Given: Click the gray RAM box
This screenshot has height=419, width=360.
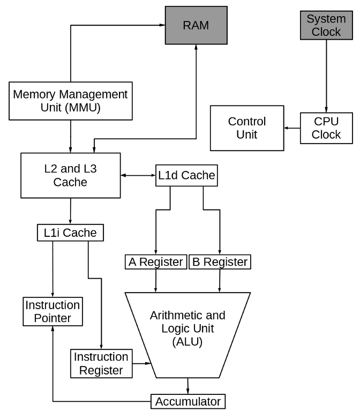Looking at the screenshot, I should click(196, 25).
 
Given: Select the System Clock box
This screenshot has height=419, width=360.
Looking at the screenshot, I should click(326, 25).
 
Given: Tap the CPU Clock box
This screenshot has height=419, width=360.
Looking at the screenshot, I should click(326, 128).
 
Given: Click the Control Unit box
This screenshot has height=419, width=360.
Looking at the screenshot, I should click(247, 128).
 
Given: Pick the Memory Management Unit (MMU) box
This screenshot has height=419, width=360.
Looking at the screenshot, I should click(71, 101).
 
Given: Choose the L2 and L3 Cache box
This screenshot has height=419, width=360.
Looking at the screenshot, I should click(70, 175).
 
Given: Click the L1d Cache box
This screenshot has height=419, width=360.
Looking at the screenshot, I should click(186, 175).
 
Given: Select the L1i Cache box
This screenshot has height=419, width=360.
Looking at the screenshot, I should click(70, 233).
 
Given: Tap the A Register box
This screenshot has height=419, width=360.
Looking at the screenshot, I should click(156, 262).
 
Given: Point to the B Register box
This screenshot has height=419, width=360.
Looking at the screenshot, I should click(220, 262).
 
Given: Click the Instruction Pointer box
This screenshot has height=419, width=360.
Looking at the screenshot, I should click(52, 312).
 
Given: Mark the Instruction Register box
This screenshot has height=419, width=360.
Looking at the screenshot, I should click(101, 363).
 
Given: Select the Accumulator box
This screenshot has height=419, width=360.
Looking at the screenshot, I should click(187, 401).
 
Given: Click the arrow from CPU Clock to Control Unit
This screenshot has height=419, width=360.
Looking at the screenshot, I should click(292, 128).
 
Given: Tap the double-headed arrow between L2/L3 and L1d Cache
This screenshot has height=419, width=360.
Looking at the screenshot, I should click(138, 175).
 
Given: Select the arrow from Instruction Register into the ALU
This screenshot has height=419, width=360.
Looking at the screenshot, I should click(142, 364).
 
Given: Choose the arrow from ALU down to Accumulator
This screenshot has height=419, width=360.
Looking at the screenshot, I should click(187, 386).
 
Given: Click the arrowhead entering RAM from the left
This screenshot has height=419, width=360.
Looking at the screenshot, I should click(161, 25).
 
